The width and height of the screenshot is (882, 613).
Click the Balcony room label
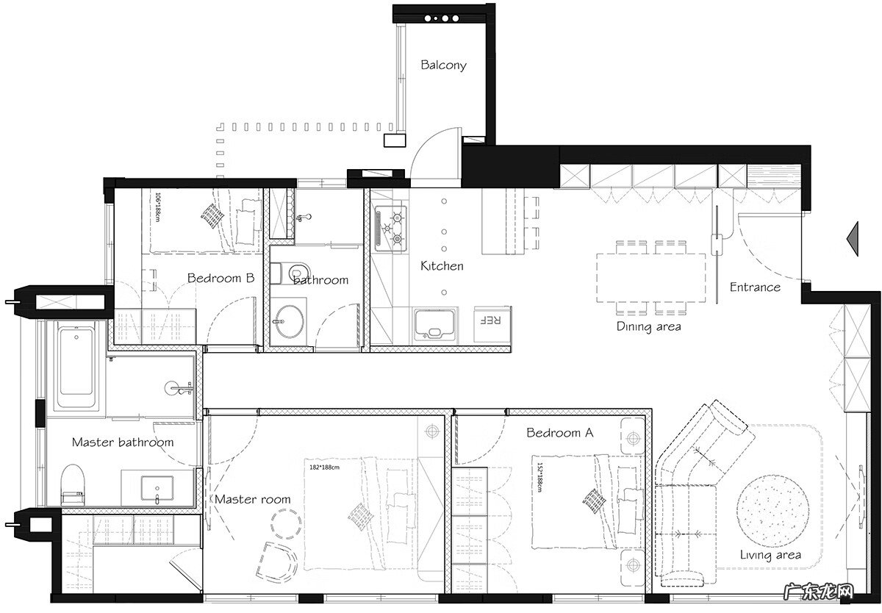click(443, 65)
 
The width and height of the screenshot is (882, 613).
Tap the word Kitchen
click(442, 266)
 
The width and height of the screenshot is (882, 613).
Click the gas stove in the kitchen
click(390, 229)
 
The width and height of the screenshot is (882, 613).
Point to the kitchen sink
click(434, 325)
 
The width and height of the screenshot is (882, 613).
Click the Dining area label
click(648, 327)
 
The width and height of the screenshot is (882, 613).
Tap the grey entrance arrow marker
click(853, 239)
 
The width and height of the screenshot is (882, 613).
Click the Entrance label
click(755, 287)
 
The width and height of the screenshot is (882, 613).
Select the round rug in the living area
click(773, 511)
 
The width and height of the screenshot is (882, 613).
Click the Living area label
click(770, 555)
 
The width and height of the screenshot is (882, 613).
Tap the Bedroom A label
click(559, 433)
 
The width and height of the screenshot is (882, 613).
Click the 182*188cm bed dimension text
click(324, 467)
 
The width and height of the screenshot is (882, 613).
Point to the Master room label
click(252, 500)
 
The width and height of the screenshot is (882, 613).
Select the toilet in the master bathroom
click(73, 484)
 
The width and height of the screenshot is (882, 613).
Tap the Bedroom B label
click(220, 279)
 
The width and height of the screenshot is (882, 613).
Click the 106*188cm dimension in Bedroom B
click(158, 207)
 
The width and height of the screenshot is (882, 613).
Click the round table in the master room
click(286, 524)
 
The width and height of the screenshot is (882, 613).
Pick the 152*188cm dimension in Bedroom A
click(539, 477)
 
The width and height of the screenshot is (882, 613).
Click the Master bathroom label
click(123, 442)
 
